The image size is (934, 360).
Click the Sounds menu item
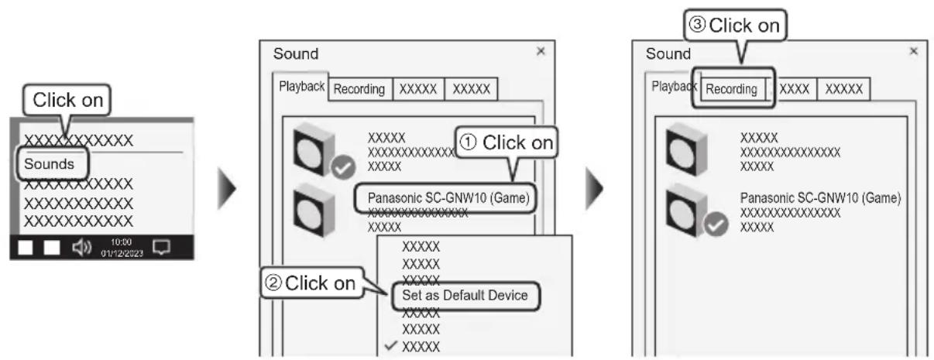pos(50,164)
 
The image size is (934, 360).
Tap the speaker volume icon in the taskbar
pos(82,248)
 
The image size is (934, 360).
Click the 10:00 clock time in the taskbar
pos(121,242)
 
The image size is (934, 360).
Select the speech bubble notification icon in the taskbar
pos(161,247)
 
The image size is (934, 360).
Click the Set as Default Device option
pos(465,296)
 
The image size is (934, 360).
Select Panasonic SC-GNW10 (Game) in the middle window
pos(448,198)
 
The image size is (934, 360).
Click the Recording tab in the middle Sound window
pos(359,89)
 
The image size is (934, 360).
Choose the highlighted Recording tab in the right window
pos(731,89)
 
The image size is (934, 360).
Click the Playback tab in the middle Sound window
pos(301,87)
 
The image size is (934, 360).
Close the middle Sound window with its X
pos(541,51)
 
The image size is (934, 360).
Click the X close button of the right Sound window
pos(914,51)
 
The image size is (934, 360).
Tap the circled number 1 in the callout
pos(468,142)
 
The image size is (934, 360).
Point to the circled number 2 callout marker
pos(273,283)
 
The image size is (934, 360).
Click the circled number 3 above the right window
pos(697,25)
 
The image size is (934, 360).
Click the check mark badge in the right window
pos(716,225)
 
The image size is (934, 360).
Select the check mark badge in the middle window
pos(343,167)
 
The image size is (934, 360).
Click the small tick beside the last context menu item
pos(390,345)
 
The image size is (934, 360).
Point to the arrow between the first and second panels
pos(227,188)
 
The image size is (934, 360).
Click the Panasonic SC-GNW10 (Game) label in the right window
pos(820,198)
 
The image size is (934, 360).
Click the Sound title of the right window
pos(668,53)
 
